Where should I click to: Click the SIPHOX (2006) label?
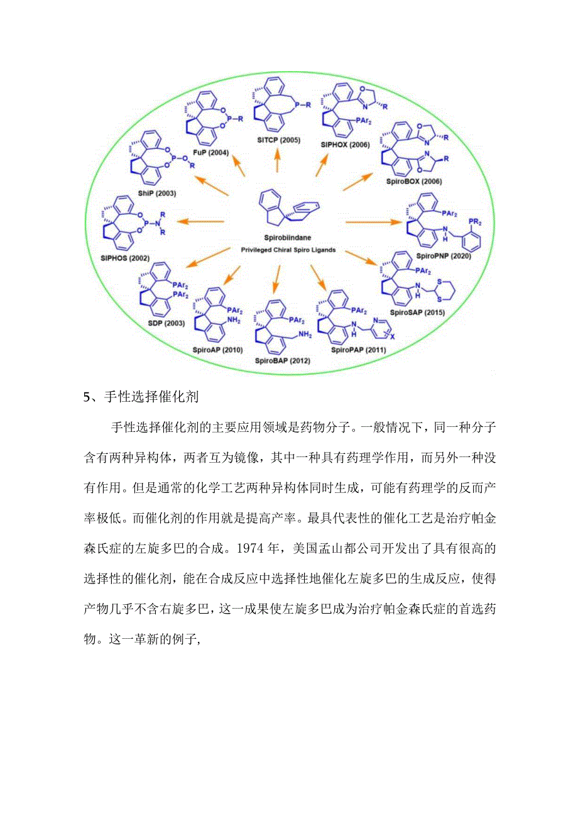pos(345,145)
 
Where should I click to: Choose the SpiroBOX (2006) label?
pos(416,181)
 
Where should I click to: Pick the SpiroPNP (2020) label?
pos(444,256)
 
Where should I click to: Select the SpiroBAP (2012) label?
pos(282,361)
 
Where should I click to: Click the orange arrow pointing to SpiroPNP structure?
pos(373,221)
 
